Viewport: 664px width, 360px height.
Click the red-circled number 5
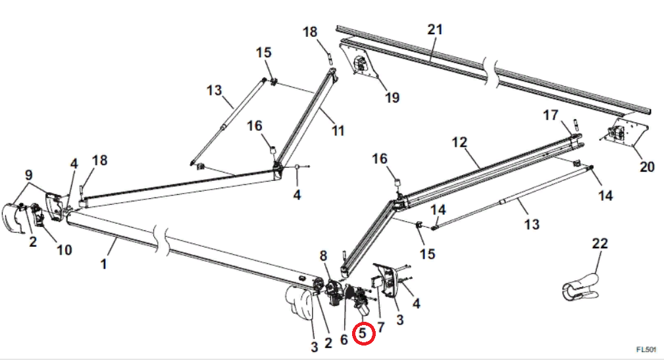tap(364, 334)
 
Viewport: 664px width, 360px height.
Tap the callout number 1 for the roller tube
tap(103, 264)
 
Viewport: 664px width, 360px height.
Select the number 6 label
tap(344, 340)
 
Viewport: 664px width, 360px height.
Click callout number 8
tap(323, 255)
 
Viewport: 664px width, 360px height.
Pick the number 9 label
tap(28, 175)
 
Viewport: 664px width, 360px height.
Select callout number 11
tap(338, 131)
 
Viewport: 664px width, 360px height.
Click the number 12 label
tap(459, 141)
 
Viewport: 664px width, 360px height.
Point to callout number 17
tap(550, 116)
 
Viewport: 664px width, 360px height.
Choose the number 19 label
tap(392, 98)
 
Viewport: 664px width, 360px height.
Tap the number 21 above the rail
tap(435, 30)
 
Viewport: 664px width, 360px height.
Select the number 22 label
tap(600, 243)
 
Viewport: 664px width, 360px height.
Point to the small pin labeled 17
tap(575, 124)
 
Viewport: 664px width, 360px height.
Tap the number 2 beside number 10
tap(33, 242)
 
